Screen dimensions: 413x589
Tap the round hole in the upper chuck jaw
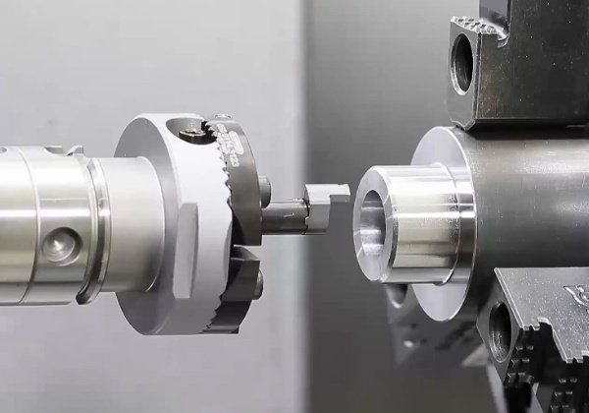[x=461, y=67]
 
